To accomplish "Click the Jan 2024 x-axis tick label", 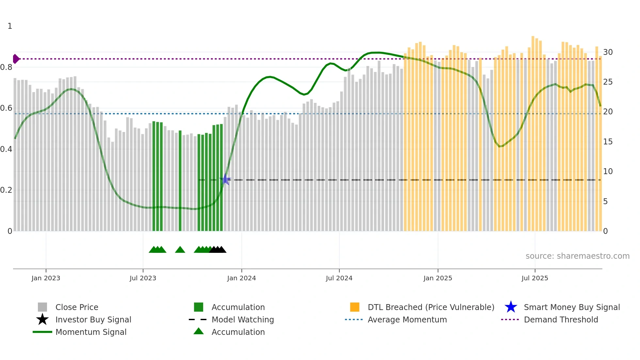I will [x=241, y=278].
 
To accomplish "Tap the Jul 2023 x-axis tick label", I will [x=143, y=278].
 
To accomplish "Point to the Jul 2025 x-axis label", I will [x=535, y=278].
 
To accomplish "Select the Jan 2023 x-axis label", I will [x=46, y=278].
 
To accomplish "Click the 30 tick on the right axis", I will [x=608, y=52].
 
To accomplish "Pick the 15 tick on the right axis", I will [x=608, y=142].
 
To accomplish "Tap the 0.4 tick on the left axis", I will [x=6, y=149].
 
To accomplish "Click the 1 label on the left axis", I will [x=10, y=26].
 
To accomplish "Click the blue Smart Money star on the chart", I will [x=225, y=180].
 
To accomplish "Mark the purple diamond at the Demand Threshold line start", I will [x=16, y=59].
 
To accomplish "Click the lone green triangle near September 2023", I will [x=180, y=250].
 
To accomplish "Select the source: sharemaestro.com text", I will [x=577, y=256].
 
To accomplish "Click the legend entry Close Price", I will [x=77, y=307].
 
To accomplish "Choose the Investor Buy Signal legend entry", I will [x=93, y=319].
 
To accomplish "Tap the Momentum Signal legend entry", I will [x=91, y=332].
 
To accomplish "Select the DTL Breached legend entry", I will [x=431, y=307].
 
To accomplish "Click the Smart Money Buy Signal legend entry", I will [x=571, y=307].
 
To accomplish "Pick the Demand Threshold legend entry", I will [x=561, y=319].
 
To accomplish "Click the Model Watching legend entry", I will [x=243, y=319].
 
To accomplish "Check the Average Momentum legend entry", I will [x=407, y=319].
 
